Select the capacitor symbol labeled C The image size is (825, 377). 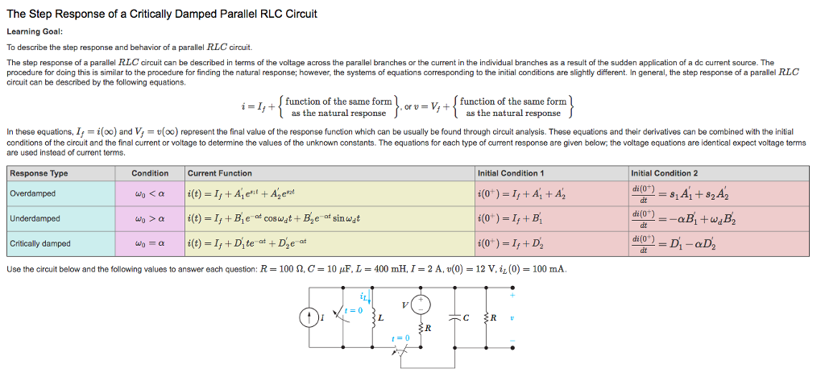457,318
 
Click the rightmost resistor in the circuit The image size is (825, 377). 484,318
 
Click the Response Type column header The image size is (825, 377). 39,173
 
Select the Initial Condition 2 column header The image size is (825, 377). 665,173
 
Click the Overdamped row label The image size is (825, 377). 32,193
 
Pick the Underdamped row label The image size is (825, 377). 35,218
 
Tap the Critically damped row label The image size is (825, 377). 40,243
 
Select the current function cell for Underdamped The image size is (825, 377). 274,218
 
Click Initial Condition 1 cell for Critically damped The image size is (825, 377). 512,243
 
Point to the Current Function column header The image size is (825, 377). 219,173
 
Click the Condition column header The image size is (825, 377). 150,173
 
